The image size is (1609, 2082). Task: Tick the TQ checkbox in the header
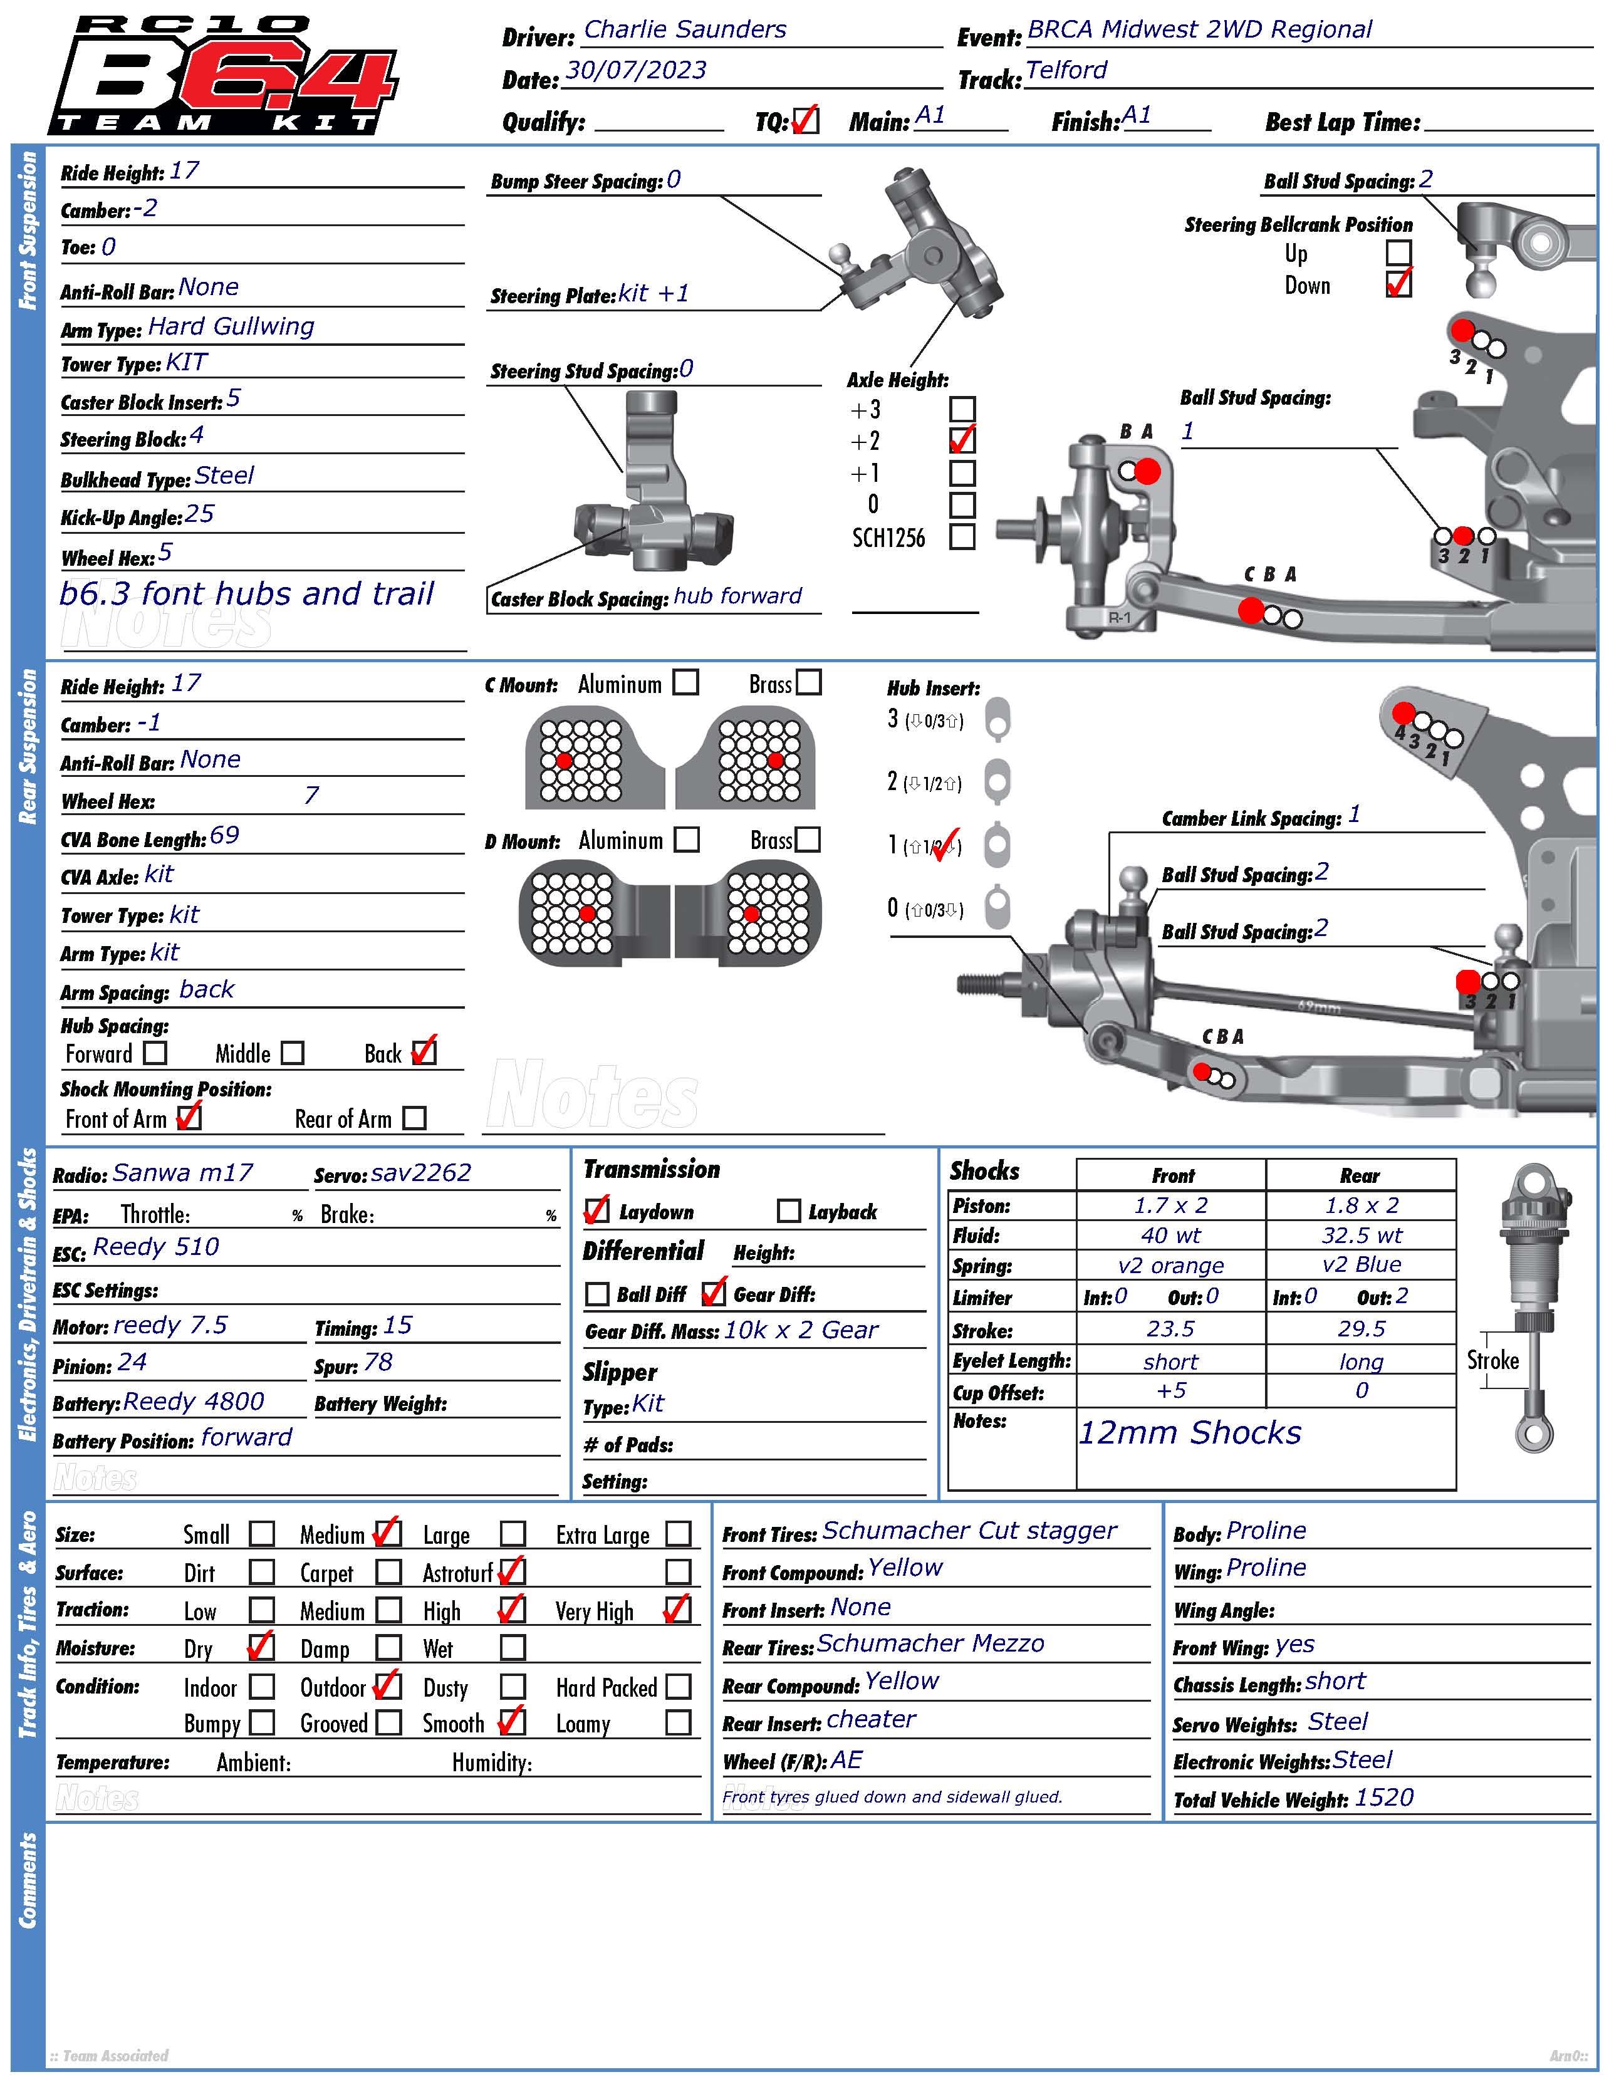[x=806, y=121]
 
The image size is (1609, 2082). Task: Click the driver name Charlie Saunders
[x=684, y=29]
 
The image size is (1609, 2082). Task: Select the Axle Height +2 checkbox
[x=962, y=440]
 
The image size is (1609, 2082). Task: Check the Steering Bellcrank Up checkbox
[x=1398, y=252]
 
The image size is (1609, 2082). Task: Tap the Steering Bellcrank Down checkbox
[x=1398, y=284]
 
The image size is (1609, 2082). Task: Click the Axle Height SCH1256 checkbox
[x=962, y=537]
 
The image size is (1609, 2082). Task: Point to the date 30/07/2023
[x=636, y=71]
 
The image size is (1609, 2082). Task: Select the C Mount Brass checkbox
[x=808, y=682]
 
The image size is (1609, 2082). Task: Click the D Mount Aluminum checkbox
[x=686, y=839]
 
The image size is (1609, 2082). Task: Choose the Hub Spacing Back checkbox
[x=424, y=1053]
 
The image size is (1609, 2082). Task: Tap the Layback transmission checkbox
[x=788, y=1210]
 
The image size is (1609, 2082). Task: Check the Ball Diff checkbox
[x=596, y=1294]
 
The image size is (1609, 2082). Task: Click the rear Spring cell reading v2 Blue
[x=1360, y=1265]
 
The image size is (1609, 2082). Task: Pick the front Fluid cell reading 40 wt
[x=1170, y=1236]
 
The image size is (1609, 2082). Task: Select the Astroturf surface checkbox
[x=512, y=1571]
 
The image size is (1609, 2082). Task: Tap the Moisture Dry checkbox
[x=260, y=1647]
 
